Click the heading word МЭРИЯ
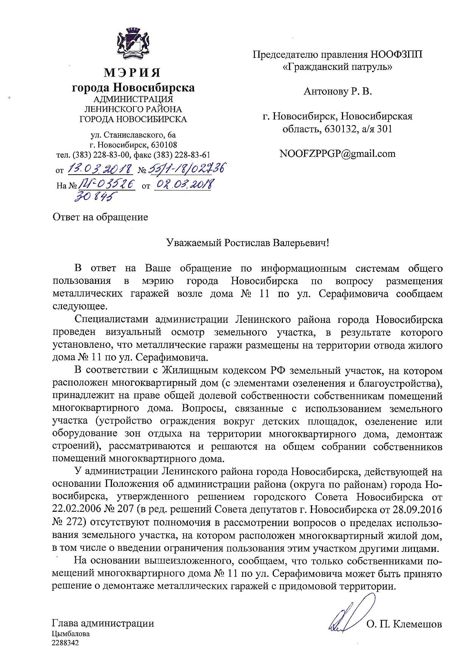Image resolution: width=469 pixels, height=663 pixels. pos(133,73)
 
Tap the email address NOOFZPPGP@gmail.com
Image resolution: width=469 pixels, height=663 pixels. pos(337,153)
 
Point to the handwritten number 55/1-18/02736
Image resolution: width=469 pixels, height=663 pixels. pos(186,169)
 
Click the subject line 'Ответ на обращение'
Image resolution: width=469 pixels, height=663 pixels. pos(100,217)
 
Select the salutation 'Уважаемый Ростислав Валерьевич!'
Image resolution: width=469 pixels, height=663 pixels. pos(248,243)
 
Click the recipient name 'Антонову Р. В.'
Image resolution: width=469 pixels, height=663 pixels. pos(338,91)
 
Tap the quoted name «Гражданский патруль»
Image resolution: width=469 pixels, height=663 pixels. pos(337,67)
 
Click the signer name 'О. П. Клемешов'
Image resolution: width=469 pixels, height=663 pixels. pos(404,624)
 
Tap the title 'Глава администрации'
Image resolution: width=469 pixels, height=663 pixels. pos(103,623)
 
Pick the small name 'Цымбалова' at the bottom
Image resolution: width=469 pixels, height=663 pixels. pos(71,634)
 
